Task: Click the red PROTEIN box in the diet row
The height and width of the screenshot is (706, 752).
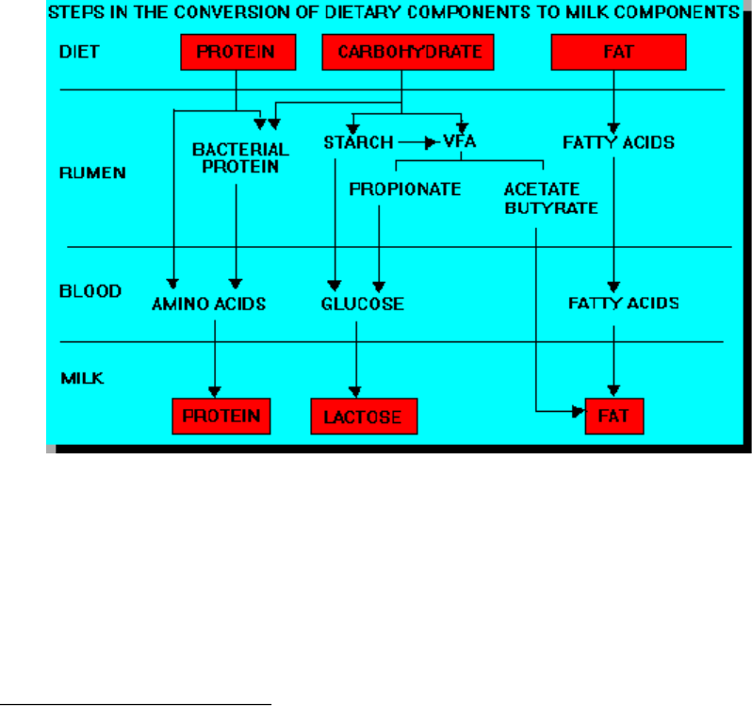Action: coord(237,52)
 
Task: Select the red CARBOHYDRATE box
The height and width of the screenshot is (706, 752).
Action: coord(408,52)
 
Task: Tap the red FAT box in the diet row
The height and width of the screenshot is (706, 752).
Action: coord(619,52)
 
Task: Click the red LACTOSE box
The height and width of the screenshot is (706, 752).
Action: coord(364,417)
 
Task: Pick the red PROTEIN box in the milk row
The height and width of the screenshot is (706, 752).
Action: coord(221,417)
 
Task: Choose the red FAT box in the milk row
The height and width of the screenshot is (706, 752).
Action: coord(614,417)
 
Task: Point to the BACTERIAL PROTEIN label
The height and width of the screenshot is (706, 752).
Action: coord(240,157)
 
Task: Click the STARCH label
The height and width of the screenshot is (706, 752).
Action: coord(359,142)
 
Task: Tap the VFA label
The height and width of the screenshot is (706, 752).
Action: coord(460,141)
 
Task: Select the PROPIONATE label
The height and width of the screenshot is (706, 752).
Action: coord(405,189)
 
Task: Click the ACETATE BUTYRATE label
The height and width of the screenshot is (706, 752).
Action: coord(551,199)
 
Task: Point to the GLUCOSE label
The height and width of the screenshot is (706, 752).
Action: coord(363,304)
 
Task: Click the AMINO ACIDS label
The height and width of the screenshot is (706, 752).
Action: coord(208,304)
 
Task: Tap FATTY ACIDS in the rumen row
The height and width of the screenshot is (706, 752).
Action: coord(619,142)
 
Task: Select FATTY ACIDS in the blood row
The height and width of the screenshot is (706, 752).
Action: coord(624,304)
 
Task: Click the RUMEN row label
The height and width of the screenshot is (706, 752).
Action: coord(92,172)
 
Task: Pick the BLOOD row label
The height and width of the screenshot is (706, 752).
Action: coord(90,291)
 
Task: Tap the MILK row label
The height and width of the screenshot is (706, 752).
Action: coord(82,378)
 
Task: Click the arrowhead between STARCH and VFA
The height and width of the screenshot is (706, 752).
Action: coord(431,142)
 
